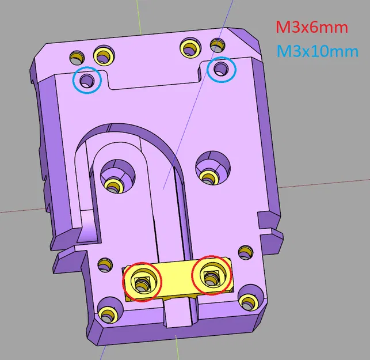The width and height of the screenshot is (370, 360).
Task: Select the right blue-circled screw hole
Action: pos(221,70)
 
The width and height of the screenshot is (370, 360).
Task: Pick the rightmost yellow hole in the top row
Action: pos(217,44)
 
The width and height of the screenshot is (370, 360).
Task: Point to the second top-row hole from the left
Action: pos(104,55)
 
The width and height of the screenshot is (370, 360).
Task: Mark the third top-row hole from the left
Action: pos(189,47)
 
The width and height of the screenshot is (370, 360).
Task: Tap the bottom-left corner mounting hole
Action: pos(107,313)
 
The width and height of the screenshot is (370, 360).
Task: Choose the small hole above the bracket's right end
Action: pos(245,252)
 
